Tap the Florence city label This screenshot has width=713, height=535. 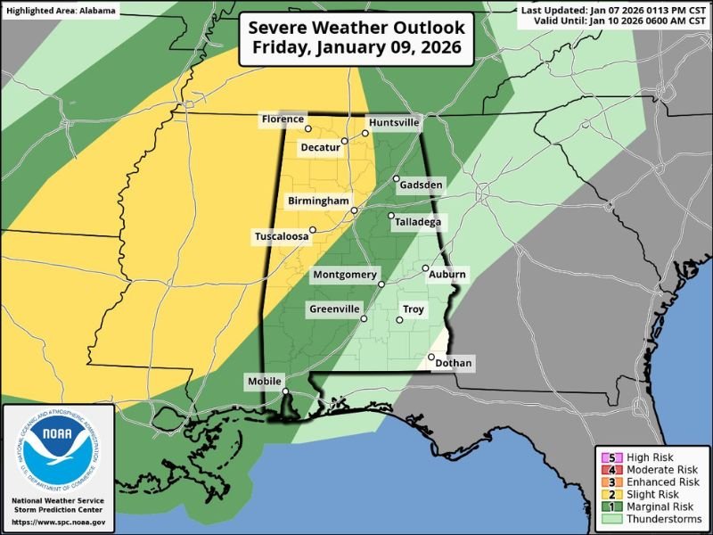pyautogui.click(x=283, y=119)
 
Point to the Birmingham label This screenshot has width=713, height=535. pyautogui.click(x=316, y=202)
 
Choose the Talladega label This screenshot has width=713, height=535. pyautogui.click(x=422, y=222)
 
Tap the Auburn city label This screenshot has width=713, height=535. pyautogui.click(x=447, y=276)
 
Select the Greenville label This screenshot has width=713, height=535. pyautogui.click(x=333, y=309)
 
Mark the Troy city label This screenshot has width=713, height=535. pyautogui.click(x=414, y=309)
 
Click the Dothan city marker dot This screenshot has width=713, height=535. pyautogui.click(x=431, y=358)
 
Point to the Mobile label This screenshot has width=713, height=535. pyautogui.click(x=263, y=382)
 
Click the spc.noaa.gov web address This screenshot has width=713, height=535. pyautogui.click(x=60, y=522)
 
